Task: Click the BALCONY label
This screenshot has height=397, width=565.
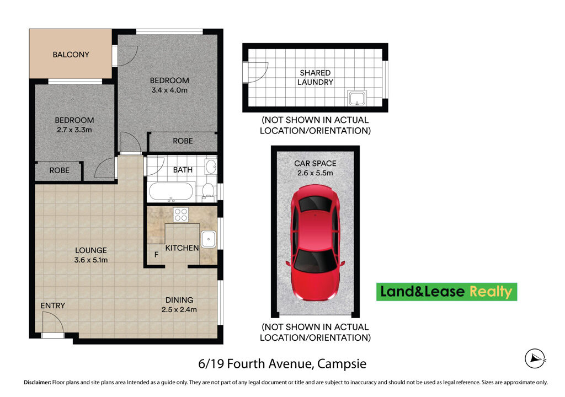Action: pos(71,55)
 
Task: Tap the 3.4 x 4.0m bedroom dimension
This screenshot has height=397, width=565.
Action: pos(169,90)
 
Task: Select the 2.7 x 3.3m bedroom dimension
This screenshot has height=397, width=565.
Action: pos(74,130)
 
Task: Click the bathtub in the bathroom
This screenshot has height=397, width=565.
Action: pos(171,192)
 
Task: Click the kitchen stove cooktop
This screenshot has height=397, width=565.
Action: pos(181,214)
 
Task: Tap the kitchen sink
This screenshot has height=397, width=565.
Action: pos(208,239)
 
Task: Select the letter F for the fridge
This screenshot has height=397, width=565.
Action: pos(156,255)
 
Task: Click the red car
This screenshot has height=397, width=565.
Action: pos(315,243)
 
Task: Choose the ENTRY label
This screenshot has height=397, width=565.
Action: pos(52,305)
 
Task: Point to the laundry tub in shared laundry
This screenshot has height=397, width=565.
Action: pos(356,99)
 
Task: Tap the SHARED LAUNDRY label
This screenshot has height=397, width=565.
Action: pos(315,77)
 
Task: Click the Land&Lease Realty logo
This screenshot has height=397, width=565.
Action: pos(446,292)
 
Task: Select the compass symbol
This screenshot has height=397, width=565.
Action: pos(535,359)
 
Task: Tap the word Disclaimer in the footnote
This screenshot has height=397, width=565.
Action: pos(36,382)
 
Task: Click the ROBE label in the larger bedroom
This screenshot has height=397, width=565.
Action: pos(183,141)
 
